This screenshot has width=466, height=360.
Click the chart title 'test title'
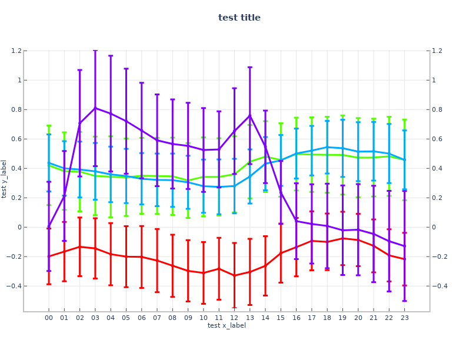pyautogui.click(x=239, y=18)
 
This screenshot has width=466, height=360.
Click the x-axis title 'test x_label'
pyautogui.click(x=227, y=325)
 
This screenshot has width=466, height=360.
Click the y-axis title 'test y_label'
pyautogui.click(x=5, y=179)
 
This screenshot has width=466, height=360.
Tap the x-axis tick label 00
pyautogui.click(x=49, y=318)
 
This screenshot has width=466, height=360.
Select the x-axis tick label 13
pyautogui.click(x=250, y=318)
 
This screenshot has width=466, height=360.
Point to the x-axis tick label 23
pyautogui.click(x=405, y=318)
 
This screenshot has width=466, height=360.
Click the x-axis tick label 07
pyautogui.click(x=157, y=318)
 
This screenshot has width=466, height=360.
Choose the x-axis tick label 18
pyautogui.click(x=327, y=318)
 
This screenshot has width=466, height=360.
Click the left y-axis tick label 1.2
pyautogui.click(x=33, y=51)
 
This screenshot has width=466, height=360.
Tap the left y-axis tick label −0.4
pyautogui.click(x=31, y=286)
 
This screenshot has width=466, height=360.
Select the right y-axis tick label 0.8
pyautogui.click(x=436, y=109)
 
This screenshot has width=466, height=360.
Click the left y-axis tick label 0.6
pyautogui.click(x=33, y=139)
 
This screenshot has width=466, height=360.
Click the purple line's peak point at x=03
pyautogui.click(x=95, y=108)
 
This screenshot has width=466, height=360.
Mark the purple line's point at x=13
pyautogui.click(x=250, y=115)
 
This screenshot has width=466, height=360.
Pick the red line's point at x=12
pyautogui.click(x=234, y=275)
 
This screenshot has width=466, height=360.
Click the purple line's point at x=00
pyautogui.click(x=49, y=226)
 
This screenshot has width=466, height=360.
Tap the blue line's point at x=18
pyautogui.click(x=327, y=147)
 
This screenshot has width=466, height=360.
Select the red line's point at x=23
pyautogui.click(x=405, y=259)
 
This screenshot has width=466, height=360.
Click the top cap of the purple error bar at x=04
pyautogui.click(x=111, y=55)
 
